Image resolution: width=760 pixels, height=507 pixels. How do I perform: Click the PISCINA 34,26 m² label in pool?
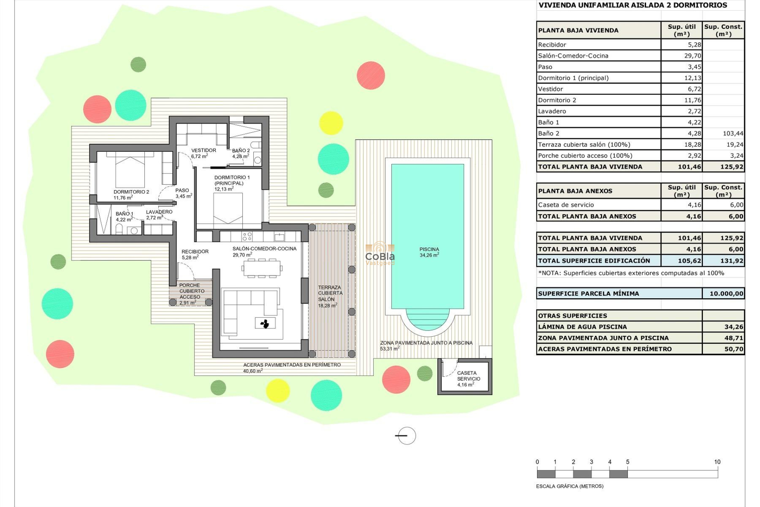click(429, 252)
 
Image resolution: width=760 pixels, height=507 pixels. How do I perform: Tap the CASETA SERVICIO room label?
click(468, 378)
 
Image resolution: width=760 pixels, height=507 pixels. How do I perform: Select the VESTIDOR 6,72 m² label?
click(203, 153)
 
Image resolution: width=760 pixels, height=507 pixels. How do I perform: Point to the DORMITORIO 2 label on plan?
click(131, 194)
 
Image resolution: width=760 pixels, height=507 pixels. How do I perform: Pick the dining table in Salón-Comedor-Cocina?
click(262, 268)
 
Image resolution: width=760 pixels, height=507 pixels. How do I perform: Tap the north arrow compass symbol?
click(406, 436)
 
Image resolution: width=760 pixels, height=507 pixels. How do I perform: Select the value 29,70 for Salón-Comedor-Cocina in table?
click(692, 56)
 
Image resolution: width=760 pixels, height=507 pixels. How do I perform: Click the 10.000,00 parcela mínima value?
click(726, 294)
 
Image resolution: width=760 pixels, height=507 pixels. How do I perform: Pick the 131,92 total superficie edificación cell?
click(731, 261)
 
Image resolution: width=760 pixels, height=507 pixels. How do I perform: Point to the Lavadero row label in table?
click(552, 111)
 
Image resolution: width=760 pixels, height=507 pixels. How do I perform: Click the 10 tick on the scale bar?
click(717, 462)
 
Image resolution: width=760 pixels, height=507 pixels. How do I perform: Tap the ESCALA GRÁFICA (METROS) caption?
click(569, 486)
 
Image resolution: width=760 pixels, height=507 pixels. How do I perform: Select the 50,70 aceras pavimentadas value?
click(733, 349)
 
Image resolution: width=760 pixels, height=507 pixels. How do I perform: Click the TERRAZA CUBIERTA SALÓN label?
click(329, 296)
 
